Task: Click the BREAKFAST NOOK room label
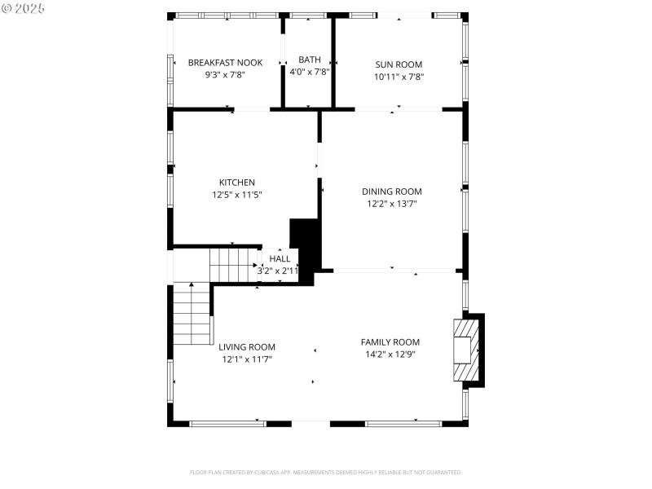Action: pos(225,62)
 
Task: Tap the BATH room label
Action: pos(310,59)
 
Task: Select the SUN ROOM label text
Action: pos(399,64)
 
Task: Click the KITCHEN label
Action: pos(237,183)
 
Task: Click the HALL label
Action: pos(280,259)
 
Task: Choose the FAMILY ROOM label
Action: pos(390,342)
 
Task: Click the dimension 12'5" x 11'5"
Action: pos(237,195)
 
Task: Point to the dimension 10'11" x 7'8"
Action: pos(399,77)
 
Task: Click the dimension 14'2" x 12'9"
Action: pos(390,355)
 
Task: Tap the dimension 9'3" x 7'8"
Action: pos(225,74)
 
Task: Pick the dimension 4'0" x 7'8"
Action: pos(310,72)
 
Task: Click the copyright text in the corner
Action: pos(23,7)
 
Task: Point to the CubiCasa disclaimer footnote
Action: pos(326,472)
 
